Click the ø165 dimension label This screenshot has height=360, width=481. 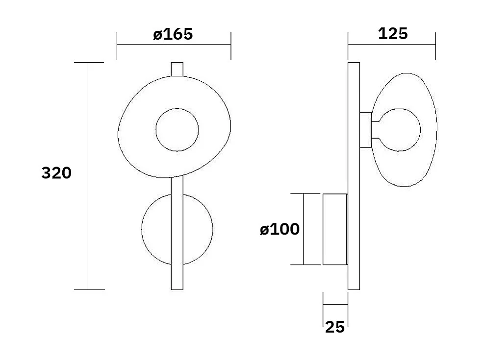coord(173,34)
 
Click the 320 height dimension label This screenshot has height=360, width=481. coord(56,173)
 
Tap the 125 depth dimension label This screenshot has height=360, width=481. coord(393,34)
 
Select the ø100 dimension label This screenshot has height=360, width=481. coord(279,229)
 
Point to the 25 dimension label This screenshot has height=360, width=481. coord(335,327)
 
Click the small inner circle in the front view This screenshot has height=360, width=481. coord(177,130)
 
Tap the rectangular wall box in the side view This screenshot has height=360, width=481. coord(335,229)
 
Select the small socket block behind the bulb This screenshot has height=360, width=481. coord(365,130)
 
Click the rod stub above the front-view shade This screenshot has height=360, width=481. coord(177,69)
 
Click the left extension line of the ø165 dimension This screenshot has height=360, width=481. coord(117,46)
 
